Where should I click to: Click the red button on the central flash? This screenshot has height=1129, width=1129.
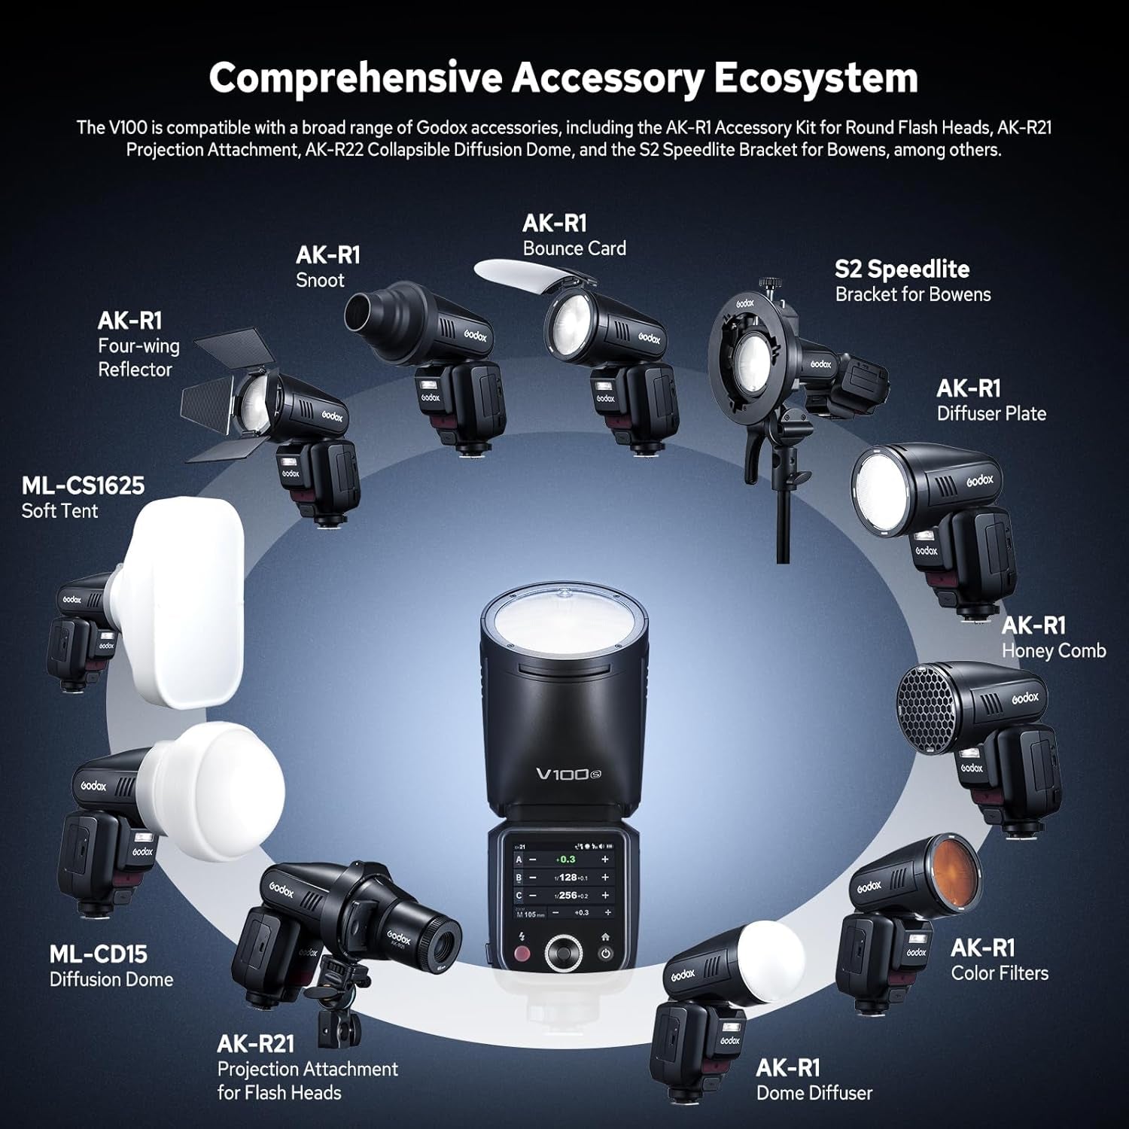[x=521, y=954]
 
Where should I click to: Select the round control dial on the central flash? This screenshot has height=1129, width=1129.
[x=562, y=953]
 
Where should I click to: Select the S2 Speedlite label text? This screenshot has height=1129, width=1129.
[x=902, y=269]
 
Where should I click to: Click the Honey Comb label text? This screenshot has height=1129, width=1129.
[x=1053, y=650]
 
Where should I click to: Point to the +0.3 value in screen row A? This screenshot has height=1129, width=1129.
[x=565, y=859]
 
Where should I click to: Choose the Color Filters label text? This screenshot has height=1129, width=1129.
[x=999, y=972]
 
